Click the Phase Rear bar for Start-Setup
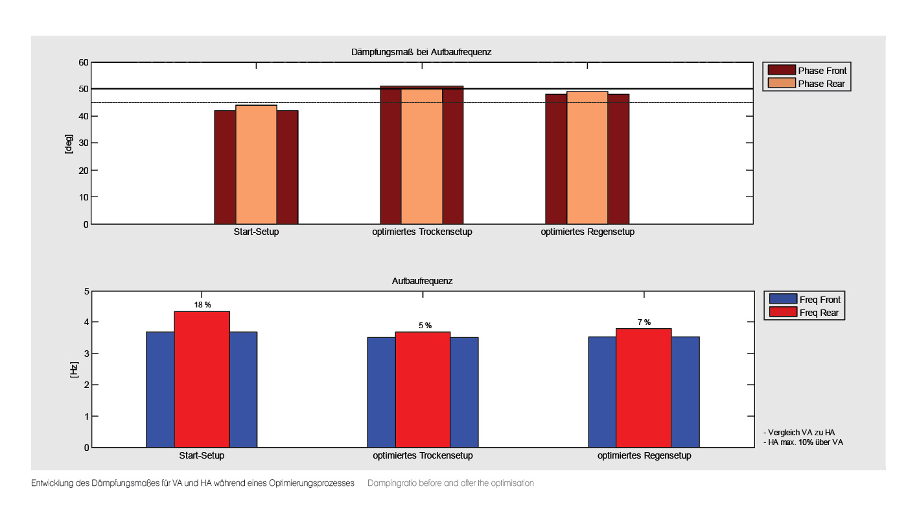click(256, 165)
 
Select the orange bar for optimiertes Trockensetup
click(422, 156)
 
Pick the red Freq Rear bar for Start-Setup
click(202, 379)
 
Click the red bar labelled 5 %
click(423, 389)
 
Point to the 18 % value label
click(202, 305)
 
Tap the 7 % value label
click(644, 322)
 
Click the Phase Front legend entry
click(807, 70)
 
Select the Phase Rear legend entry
click(807, 83)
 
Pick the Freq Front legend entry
click(805, 299)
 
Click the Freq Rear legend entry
click(805, 313)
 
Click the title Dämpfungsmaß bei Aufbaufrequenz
click(421, 52)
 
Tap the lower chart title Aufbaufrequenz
click(422, 282)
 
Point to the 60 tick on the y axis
click(83, 62)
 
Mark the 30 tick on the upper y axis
click(83, 143)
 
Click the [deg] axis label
click(69, 143)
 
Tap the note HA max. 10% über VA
click(804, 442)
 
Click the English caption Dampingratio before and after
click(450, 483)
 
